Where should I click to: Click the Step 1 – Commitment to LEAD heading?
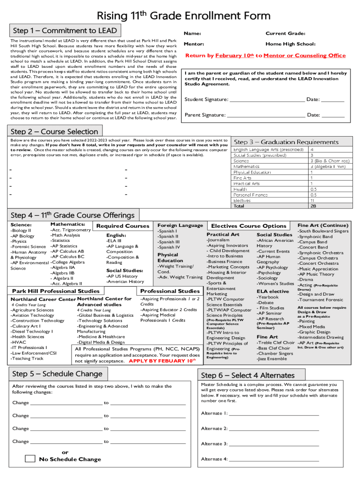(65, 31)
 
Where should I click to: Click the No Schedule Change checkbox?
(30, 458)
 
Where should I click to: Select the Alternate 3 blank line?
(274, 443)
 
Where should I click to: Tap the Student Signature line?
(266, 99)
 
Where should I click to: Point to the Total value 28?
(313, 206)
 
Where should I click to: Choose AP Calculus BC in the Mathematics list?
(68, 256)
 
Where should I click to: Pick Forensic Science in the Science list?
(29, 247)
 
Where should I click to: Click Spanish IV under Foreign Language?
(168, 247)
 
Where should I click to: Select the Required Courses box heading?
(122, 226)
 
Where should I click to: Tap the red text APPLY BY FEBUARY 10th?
(162, 361)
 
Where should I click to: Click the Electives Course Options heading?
(249, 226)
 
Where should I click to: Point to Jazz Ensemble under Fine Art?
(272, 359)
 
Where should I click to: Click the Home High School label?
(290, 44)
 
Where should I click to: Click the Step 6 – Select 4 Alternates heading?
(248, 375)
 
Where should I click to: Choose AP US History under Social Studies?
(122, 276)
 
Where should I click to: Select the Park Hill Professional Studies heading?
(56, 291)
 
